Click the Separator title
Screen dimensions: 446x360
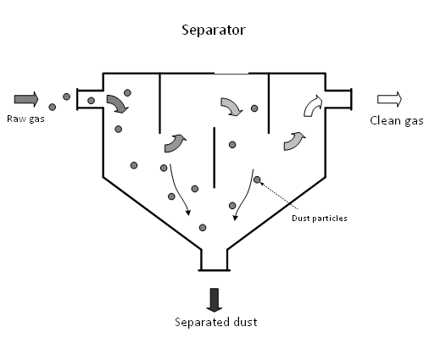click(214, 30)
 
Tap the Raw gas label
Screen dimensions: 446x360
click(25, 119)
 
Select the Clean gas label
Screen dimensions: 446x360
click(397, 120)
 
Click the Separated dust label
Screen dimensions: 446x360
click(216, 322)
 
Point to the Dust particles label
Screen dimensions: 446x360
click(320, 219)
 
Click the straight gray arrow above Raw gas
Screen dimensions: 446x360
click(26, 99)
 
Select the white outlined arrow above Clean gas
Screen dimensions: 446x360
click(389, 99)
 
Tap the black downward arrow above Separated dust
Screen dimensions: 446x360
click(214, 300)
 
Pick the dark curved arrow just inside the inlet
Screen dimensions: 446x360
click(117, 102)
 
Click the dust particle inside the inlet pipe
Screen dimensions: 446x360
click(91, 100)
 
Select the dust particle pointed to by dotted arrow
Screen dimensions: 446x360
click(257, 180)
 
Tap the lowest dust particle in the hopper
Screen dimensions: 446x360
click(203, 227)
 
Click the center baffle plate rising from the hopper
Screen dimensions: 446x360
click(215, 158)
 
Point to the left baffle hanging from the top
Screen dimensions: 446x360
click(160, 103)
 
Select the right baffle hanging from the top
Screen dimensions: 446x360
click(269, 103)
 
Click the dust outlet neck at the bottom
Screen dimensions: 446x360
click(215, 260)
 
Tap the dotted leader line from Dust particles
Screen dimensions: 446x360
click(278, 196)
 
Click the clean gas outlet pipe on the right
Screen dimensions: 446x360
click(338, 99)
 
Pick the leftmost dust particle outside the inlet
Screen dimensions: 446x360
click(52, 107)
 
